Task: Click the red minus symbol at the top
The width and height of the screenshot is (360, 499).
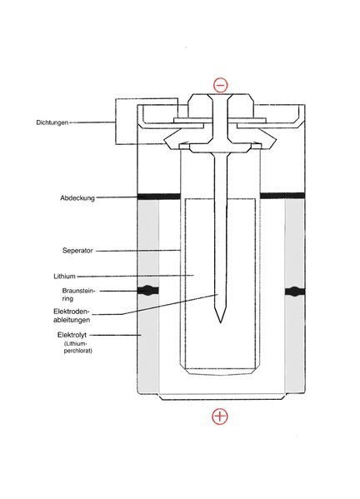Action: coord(220,85)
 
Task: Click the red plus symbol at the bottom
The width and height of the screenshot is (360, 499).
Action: coord(220,417)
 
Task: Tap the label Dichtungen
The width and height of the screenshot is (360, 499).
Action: coord(52,122)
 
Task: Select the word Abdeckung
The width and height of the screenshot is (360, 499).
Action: coord(77,198)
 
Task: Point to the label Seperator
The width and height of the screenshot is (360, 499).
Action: coord(77,251)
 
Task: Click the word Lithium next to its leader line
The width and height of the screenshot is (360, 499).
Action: coord(64,277)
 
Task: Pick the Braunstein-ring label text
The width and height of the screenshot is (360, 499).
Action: coord(78,295)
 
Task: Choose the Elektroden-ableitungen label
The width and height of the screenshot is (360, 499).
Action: coord(72,316)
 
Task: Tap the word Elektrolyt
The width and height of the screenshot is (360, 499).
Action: coord(72,335)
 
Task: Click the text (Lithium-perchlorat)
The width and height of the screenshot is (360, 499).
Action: coord(78,347)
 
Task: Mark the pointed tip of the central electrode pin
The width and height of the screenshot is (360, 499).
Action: coord(220,322)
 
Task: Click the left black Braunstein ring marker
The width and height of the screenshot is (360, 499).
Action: coord(148,291)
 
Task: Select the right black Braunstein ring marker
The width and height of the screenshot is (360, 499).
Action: coord(295,292)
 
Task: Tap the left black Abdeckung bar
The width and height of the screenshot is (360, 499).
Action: coord(159,197)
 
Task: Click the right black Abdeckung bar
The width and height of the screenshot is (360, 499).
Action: coord(282,196)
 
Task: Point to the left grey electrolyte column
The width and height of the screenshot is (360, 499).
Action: coord(148,296)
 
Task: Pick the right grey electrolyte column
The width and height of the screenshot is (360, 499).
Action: coord(295,296)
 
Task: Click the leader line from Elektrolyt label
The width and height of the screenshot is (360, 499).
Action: coord(116,335)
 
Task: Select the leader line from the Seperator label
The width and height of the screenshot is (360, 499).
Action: coord(138,251)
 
